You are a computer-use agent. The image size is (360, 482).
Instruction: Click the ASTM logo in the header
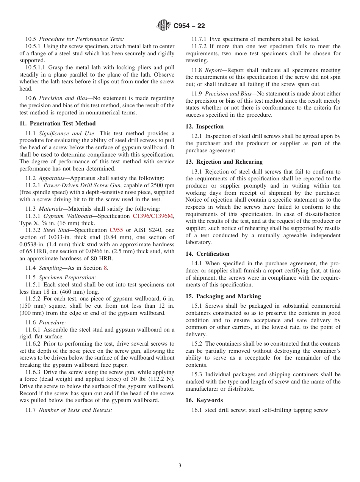(x=164, y=26)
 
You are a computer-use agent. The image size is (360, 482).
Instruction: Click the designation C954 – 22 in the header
(x=189, y=26)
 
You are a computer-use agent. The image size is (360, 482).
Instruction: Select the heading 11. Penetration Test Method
(x=58, y=124)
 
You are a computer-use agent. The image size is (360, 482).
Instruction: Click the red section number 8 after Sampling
(x=105, y=268)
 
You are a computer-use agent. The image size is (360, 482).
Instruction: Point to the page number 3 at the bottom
(x=180, y=466)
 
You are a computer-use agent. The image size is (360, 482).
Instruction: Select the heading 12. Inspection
(x=205, y=127)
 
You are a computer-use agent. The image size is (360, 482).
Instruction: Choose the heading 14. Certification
(x=207, y=254)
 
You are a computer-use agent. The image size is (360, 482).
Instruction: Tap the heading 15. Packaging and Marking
(x=223, y=296)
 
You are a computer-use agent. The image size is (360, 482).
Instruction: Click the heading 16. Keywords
(x=204, y=400)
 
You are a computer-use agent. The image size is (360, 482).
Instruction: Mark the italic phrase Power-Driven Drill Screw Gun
(x=83, y=185)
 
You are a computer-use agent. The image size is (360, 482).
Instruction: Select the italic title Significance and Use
(x=65, y=133)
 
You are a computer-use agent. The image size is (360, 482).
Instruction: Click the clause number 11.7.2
(x=199, y=46)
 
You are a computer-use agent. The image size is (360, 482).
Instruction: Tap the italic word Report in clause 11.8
(x=213, y=70)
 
